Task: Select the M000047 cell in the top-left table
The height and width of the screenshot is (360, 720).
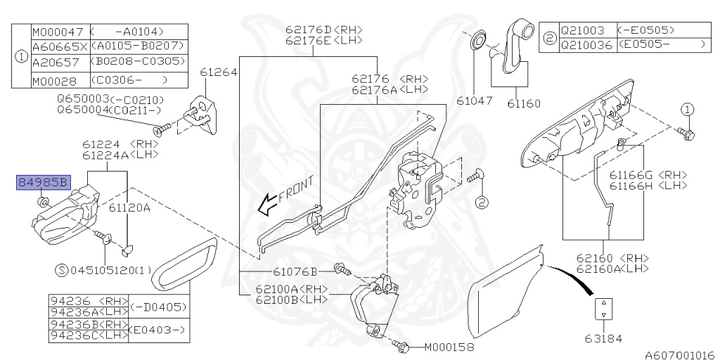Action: pyautogui.click(x=58, y=32)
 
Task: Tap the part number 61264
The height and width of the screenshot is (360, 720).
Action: pyautogui.click(x=218, y=72)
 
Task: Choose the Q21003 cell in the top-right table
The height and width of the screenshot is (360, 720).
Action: pyautogui.click(x=582, y=31)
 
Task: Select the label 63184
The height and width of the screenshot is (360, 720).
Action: pyautogui.click(x=603, y=338)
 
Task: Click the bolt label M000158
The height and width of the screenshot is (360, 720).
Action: pyautogui.click(x=449, y=347)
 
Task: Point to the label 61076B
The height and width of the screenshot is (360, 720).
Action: pyautogui.click(x=295, y=271)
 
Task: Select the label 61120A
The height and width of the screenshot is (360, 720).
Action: pyautogui.click(x=130, y=208)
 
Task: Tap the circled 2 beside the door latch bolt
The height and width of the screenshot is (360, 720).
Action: pyautogui.click(x=481, y=203)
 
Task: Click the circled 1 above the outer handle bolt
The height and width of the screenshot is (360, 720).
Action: pyautogui.click(x=687, y=110)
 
